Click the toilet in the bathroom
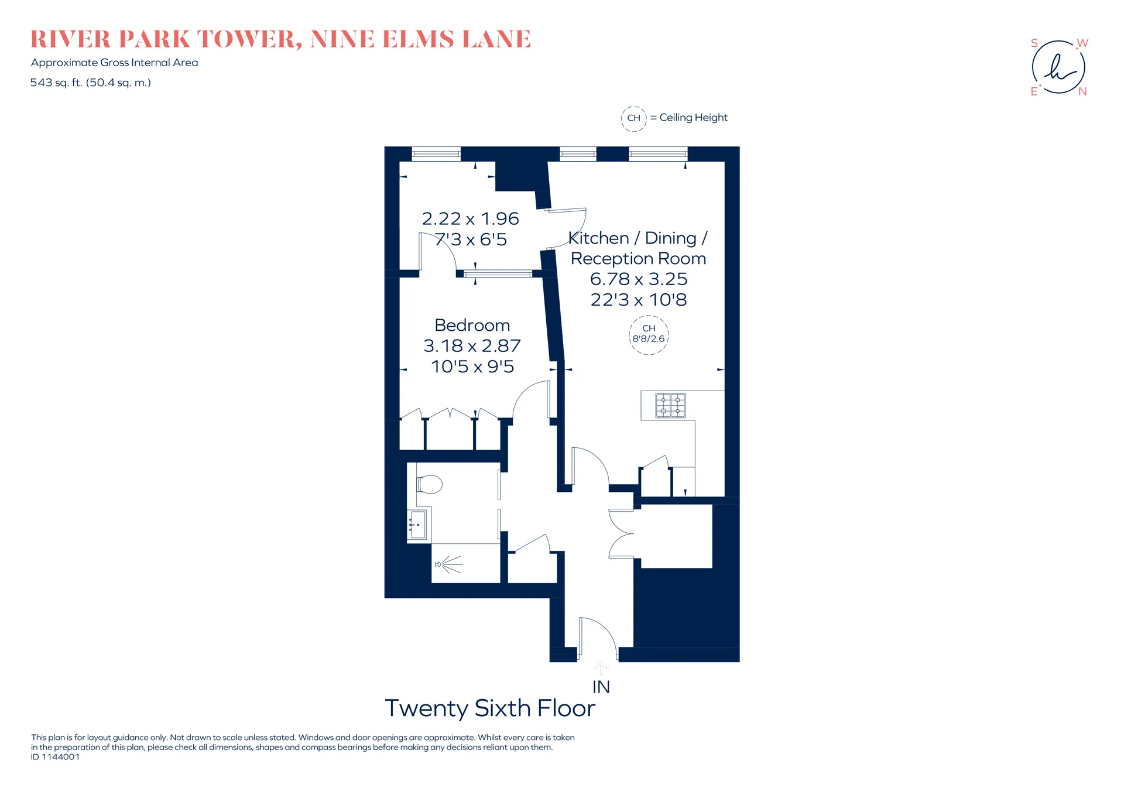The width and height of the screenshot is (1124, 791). click(429, 484)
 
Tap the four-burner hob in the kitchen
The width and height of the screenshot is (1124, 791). click(670, 405)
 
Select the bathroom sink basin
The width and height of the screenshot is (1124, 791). click(417, 525)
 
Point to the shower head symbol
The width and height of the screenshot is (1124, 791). click(448, 564)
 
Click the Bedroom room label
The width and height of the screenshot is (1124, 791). click(472, 325)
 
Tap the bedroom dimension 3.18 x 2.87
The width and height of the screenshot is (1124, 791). click(472, 345)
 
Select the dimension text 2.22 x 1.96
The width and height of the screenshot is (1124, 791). click(471, 218)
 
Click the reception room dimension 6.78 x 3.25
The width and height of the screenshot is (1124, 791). click(638, 279)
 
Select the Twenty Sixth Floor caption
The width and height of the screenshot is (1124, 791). click(490, 708)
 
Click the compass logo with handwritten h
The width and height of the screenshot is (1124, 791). click(1058, 67)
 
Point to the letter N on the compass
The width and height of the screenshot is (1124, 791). click(1083, 92)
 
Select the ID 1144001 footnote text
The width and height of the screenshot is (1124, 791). click(55, 756)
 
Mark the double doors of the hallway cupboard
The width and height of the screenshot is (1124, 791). click(621, 533)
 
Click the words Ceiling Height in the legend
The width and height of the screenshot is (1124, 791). click(694, 118)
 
